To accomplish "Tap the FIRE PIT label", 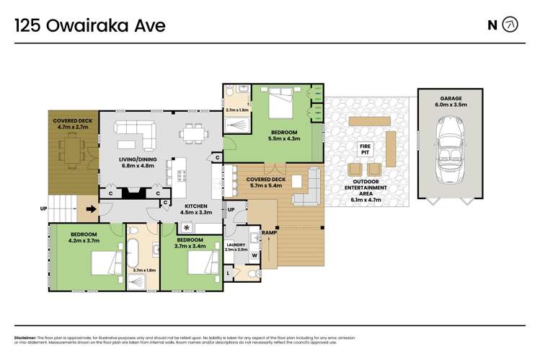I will tap(365, 149).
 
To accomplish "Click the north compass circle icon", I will tap(510, 25).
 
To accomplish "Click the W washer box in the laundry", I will tap(254, 255).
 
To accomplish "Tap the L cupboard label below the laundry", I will tap(229, 273).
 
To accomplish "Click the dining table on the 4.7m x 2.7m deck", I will tap(70, 149).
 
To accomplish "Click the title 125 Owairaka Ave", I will tap(90, 26).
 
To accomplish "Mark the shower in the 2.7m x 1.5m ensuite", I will tap(236, 126).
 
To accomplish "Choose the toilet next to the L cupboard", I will tap(249, 274).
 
